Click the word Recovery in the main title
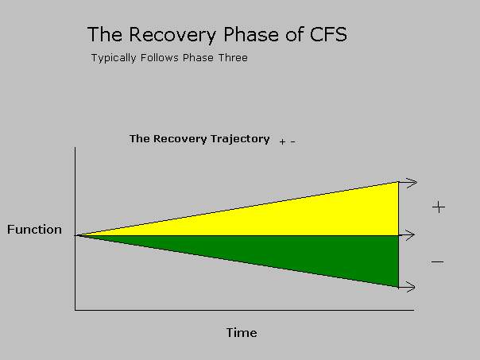click(x=172, y=35)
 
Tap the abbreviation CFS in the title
click(x=328, y=34)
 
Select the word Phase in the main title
click(x=251, y=34)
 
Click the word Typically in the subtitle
click(x=114, y=58)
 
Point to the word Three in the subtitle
click(x=233, y=57)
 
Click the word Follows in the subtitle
click(x=160, y=57)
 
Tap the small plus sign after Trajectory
click(x=282, y=141)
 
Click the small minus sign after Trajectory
click(x=292, y=141)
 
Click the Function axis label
click(x=34, y=230)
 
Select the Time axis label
click(x=242, y=333)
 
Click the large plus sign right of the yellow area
click(x=439, y=207)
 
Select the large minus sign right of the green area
click(x=437, y=262)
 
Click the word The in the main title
click(x=105, y=34)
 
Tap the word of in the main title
click(x=294, y=34)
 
